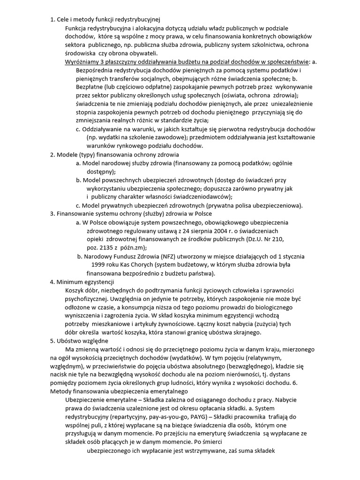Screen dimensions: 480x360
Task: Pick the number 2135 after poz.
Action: pos(106,247)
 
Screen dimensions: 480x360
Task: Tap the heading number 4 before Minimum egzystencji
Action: pos(52,282)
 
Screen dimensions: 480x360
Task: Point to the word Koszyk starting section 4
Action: pos(75,290)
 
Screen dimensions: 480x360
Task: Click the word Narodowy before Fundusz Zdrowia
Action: pos(98,256)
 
